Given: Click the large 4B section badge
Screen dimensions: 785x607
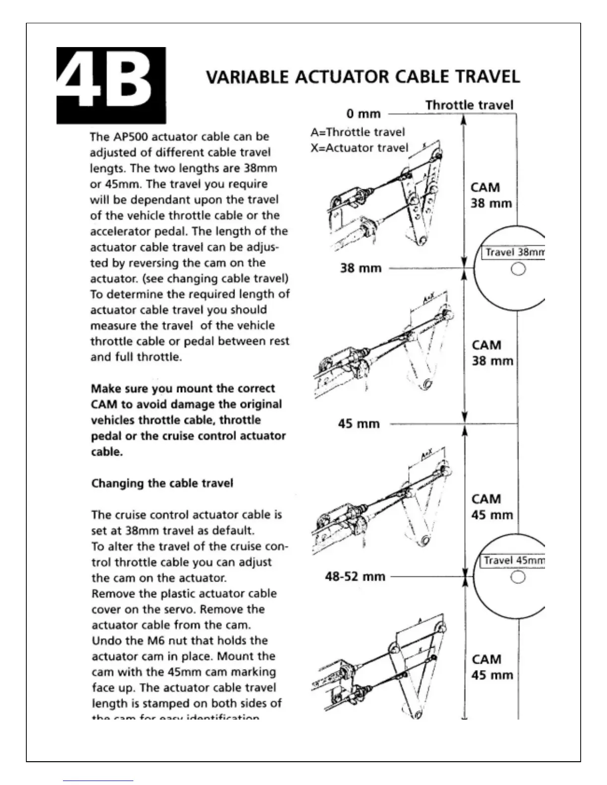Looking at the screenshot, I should click(111, 85).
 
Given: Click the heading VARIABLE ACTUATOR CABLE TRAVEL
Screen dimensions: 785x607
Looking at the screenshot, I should click(363, 77).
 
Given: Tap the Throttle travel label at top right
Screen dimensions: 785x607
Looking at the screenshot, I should click(469, 105).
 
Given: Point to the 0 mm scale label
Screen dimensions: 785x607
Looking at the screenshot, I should click(364, 114).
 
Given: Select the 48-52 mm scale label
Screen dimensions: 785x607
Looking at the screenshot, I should click(355, 576).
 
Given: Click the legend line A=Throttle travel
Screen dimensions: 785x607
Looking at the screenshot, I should click(358, 132).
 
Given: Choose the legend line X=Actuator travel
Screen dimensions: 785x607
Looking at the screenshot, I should click(360, 148).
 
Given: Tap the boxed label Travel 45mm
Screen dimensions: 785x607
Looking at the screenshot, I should click(514, 561).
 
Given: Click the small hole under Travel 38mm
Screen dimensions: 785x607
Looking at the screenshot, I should click(518, 270).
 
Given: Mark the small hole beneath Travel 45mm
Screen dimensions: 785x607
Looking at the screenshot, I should click(518, 578).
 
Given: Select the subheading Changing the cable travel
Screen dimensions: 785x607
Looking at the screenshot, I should click(162, 483).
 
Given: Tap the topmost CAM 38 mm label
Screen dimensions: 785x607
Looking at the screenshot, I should click(490, 195).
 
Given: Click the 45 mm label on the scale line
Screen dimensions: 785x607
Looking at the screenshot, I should click(359, 424).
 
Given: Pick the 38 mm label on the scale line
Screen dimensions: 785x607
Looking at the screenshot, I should click(361, 268).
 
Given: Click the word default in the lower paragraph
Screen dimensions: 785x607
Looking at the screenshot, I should click(233, 531).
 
